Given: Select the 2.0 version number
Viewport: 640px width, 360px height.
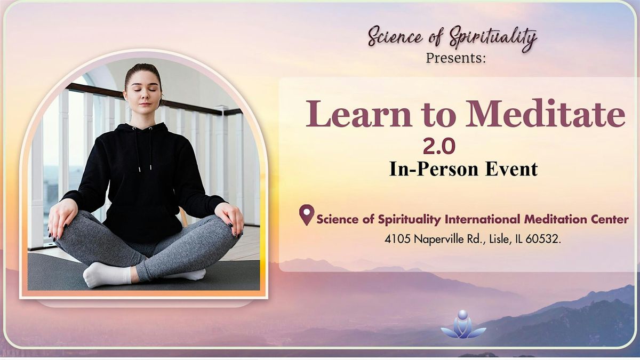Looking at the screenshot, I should coord(438,146).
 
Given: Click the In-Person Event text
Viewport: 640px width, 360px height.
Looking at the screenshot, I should coord(463,169).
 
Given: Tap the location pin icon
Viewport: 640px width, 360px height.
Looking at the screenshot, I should coord(306,215).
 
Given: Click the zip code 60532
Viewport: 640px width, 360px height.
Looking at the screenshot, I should coord(542,240).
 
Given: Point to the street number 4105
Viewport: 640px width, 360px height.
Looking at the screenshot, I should coord(396,240).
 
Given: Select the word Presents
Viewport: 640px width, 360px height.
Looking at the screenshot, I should coord(456,58).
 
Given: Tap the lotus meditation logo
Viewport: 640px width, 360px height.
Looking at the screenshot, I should coord(463,325).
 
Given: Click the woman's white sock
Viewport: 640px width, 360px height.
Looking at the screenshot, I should coord(107,275).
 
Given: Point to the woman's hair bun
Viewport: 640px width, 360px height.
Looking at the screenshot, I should coord(143,69).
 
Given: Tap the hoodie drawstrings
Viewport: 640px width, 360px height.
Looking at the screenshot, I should coord(143,152).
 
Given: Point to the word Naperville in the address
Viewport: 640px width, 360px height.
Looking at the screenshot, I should coord(438,240).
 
